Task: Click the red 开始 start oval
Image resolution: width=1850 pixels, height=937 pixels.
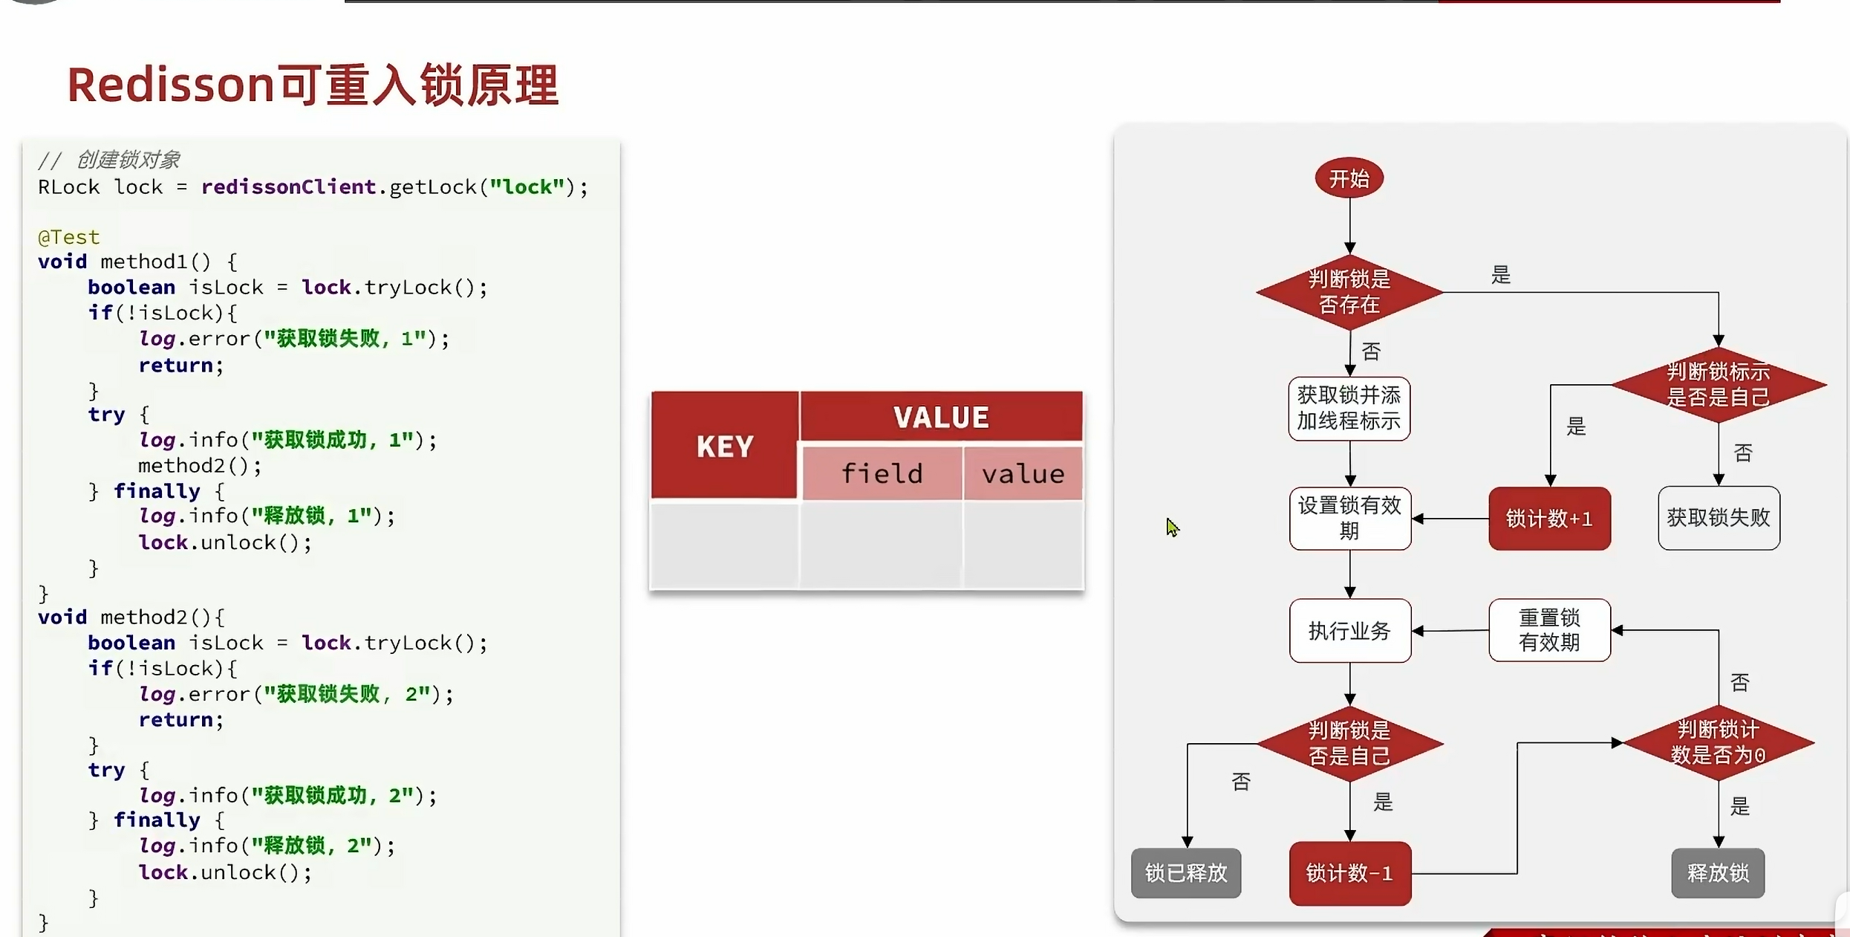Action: (1349, 178)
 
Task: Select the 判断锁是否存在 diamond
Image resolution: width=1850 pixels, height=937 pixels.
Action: (1349, 292)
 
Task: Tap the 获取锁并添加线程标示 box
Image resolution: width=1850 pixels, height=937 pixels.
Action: (1349, 409)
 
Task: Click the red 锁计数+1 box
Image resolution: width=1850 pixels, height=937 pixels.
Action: (1549, 519)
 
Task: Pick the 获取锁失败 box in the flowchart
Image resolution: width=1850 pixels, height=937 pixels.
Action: (1718, 518)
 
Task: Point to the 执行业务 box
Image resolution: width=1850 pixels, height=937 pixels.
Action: (1349, 631)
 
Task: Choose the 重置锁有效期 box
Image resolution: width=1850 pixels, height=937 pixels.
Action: (1549, 630)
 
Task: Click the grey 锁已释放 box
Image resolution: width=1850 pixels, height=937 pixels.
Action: (1186, 873)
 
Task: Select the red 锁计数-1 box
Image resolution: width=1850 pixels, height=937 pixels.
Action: (1349, 873)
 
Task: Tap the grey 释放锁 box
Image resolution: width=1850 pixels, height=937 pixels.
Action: (1718, 873)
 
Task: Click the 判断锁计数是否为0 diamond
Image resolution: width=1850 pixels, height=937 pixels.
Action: (1718, 742)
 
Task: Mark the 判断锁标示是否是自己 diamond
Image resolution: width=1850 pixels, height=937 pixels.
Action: (1718, 385)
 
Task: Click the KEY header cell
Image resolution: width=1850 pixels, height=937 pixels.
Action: (725, 446)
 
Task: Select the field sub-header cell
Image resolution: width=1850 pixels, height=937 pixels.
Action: (882, 473)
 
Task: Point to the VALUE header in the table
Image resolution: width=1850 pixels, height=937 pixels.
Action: (941, 417)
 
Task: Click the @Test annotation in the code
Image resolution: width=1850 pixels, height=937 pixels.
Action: (68, 237)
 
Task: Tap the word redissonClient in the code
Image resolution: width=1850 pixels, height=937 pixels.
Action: (288, 187)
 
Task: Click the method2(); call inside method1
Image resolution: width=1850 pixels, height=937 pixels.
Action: (200, 466)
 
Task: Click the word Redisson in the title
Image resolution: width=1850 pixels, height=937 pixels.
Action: (171, 85)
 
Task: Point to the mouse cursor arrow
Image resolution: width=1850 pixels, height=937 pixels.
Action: (1171, 526)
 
